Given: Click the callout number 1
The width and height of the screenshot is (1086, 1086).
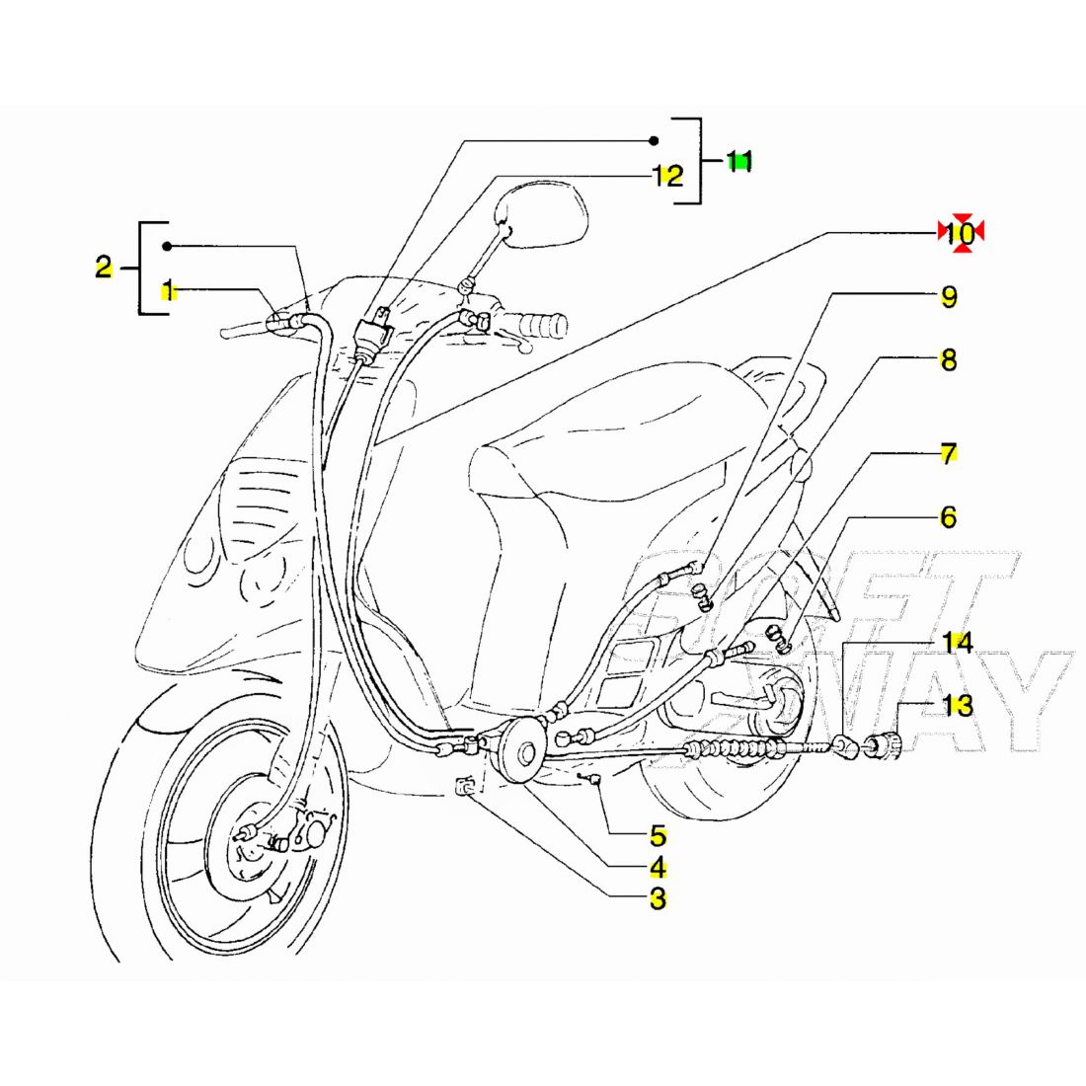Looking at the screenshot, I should pyautogui.click(x=169, y=290).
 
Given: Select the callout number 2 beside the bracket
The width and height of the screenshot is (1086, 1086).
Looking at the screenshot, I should pyautogui.click(x=104, y=267).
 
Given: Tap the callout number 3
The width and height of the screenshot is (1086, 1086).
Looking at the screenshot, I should pyautogui.click(x=658, y=899).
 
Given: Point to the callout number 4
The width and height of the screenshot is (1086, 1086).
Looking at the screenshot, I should pyautogui.click(x=658, y=869).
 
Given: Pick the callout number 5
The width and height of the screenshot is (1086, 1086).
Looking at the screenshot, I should pyautogui.click(x=658, y=836).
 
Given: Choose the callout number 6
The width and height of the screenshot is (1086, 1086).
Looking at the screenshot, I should pyautogui.click(x=948, y=517).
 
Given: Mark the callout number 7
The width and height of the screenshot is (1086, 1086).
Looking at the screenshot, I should pyautogui.click(x=948, y=455).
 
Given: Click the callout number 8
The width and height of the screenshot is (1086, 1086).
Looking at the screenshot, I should pyautogui.click(x=948, y=360).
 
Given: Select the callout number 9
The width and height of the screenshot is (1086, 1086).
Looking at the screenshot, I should pyautogui.click(x=948, y=297).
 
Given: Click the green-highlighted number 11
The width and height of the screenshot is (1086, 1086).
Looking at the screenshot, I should pyautogui.click(x=739, y=161).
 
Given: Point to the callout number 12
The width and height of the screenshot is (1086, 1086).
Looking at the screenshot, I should pyautogui.click(x=668, y=177).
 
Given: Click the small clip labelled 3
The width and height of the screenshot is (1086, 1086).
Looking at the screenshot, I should pyautogui.click(x=467, y=787).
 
